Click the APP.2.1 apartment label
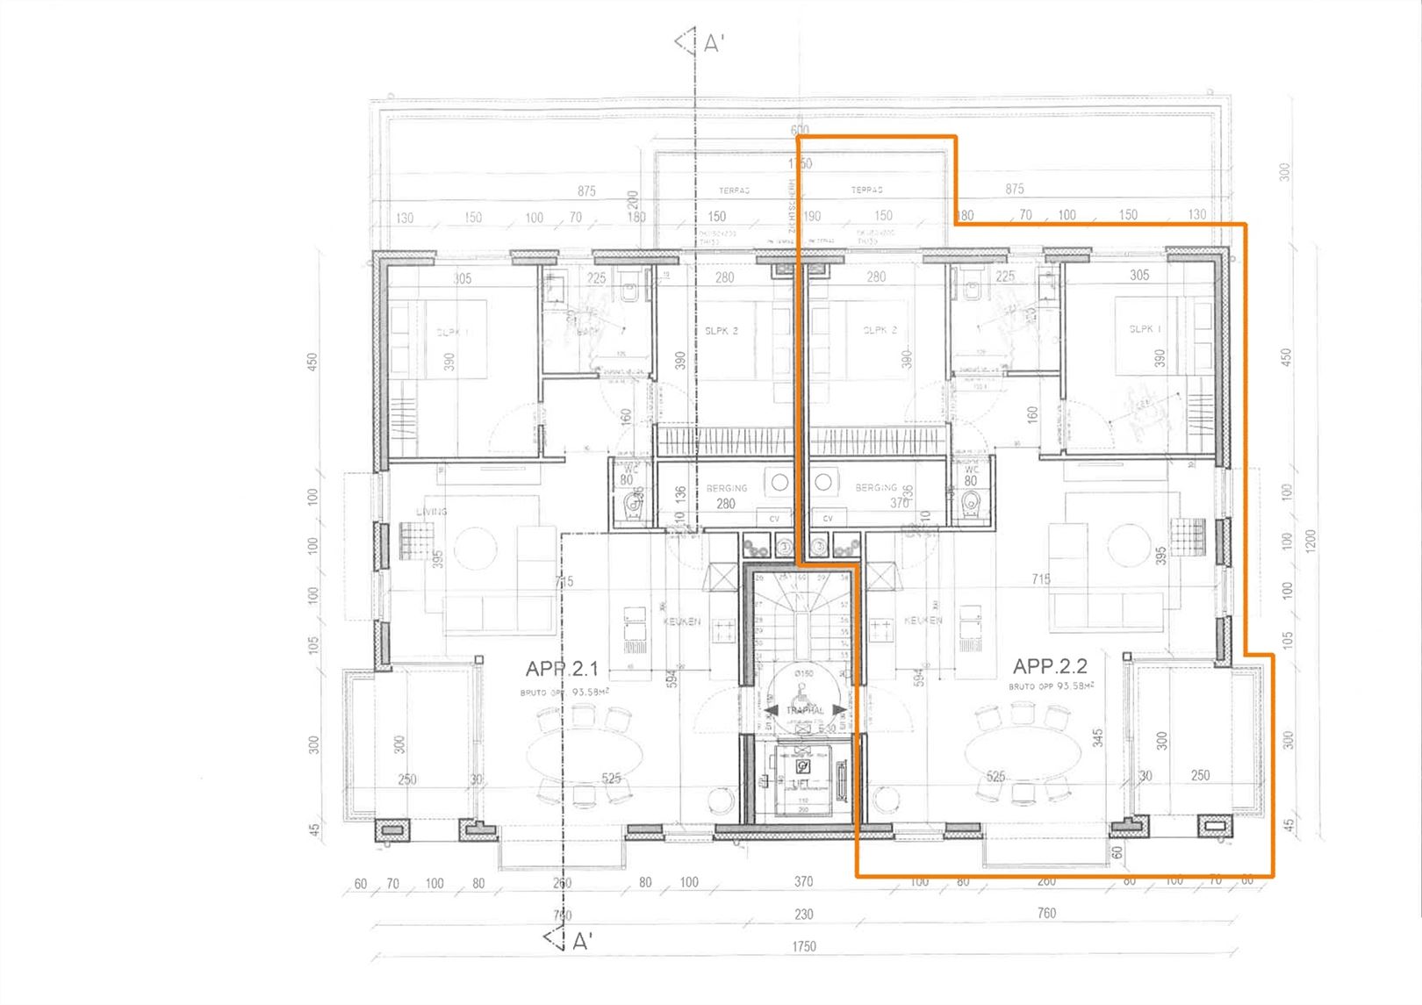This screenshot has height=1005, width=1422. coord(562,669)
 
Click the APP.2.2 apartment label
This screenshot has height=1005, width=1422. coord(1050,666)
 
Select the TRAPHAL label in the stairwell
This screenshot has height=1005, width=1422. coord(805,710)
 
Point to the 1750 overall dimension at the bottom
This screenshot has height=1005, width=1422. coord(803,946)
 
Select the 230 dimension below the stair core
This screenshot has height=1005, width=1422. coord(803,914)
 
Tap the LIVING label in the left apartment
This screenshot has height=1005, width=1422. coord(432,511)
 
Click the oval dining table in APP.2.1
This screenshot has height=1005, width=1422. coord(584,755)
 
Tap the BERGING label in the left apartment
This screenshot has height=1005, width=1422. coord(727,488)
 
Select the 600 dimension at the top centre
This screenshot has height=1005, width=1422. coord(799,130)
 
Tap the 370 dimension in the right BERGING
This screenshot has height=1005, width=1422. coord(899,503)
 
